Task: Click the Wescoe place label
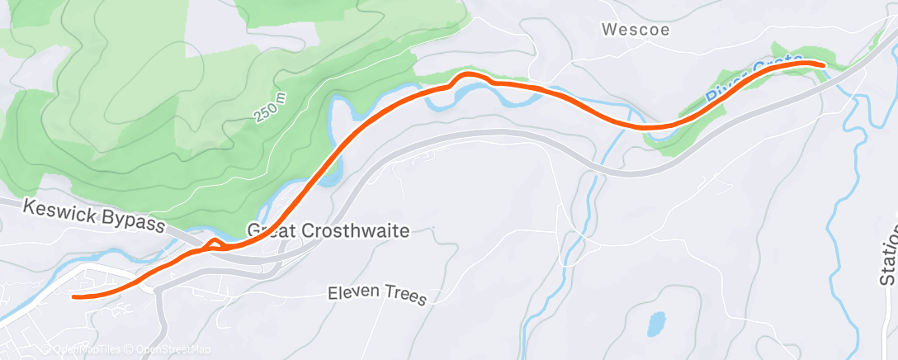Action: click(635, 30)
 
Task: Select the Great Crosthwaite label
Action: click(328, 230)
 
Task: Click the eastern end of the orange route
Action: click(822, 64)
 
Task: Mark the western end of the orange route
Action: click(74, 296)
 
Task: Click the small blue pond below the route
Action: click(656, 323)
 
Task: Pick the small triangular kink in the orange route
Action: click(214, 242)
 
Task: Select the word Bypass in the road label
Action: click(137, 223)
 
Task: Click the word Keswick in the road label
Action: click(57, 210)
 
